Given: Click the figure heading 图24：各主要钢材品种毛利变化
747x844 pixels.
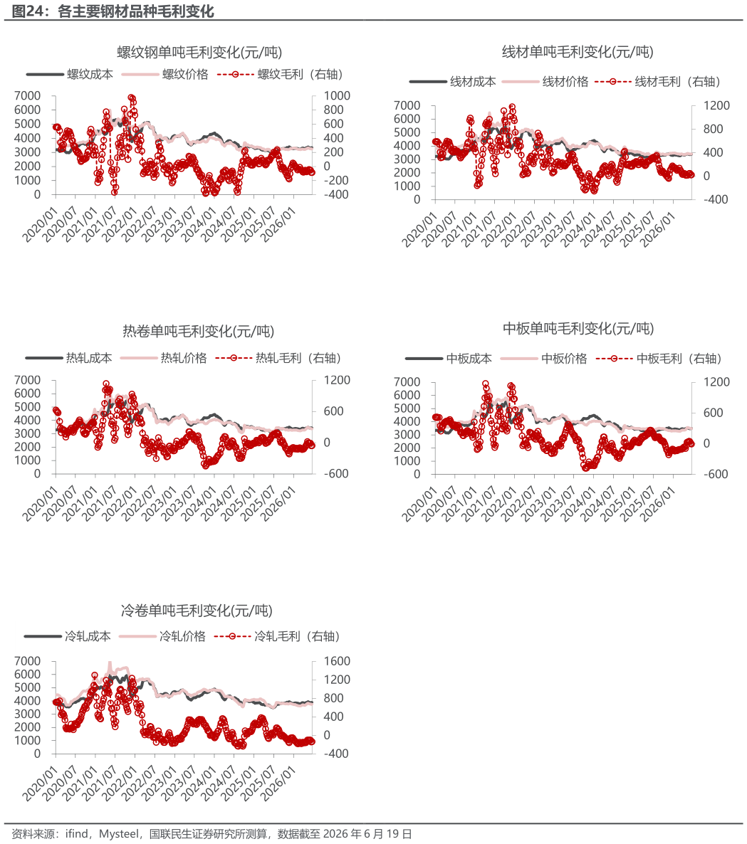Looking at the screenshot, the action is pos(113,11).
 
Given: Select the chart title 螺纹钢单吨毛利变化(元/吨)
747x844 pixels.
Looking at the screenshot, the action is pos(199,52).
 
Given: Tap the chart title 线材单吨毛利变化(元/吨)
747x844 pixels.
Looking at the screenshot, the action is pos(578,52).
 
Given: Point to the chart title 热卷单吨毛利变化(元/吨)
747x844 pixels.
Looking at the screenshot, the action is pos(198,331).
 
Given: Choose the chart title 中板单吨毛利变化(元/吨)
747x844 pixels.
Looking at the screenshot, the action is pos(578,328).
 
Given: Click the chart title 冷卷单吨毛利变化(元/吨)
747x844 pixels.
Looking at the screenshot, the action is pos(197,611).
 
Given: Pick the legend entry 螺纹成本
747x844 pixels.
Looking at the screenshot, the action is pos(70,74).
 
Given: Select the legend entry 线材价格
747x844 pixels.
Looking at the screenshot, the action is pos(545,81).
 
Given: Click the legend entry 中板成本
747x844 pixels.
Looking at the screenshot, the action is pos(449,359).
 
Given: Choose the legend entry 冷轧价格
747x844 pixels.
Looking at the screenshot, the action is pos(162,636).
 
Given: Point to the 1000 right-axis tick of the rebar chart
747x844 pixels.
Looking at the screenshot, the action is pos(337,95).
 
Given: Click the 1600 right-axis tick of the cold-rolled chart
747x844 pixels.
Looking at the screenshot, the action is pos(337,661).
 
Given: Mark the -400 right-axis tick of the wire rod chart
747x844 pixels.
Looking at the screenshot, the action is pos(716,199).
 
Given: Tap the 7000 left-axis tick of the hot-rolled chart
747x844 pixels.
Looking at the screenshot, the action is pos(28,380).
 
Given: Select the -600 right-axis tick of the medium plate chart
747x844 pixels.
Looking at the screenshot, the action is pos(716,474).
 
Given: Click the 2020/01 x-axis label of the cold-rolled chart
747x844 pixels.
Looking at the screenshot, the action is pos(40,784).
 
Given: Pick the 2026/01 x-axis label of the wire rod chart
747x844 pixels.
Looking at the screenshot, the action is pos(657,230).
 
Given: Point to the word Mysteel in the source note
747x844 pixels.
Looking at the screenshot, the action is pos(119,834).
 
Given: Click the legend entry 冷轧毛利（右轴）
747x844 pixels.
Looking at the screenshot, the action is pos(277,636).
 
